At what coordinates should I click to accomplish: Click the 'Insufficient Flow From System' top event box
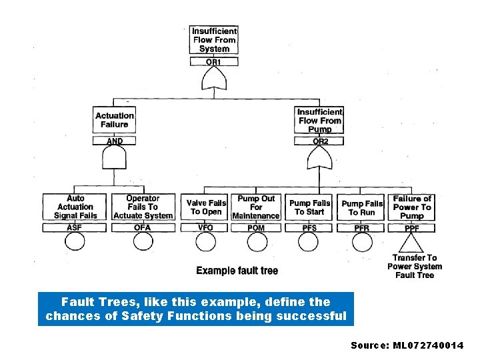tap(214, 40)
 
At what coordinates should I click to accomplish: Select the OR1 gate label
tap(214, 61)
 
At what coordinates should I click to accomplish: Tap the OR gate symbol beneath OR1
tap(214, 80)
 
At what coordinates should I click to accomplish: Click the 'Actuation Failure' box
tap(115, 120)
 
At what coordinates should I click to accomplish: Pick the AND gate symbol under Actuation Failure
tap(115, 159)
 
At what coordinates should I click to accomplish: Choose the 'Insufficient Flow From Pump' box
tap(319, 120)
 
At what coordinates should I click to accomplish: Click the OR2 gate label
tap(319, 141)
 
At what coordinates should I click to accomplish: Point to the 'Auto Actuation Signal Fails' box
tap(75, 207)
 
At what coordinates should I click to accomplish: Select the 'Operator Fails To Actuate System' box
tap(143, 207)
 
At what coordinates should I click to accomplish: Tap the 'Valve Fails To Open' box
tap(206, 207)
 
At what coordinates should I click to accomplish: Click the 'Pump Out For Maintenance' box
tap(256, 207)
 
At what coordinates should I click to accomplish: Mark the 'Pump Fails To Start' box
tap(309, 207)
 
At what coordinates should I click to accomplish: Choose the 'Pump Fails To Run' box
tap(362, 207)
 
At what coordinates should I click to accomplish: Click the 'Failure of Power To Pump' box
tap(412, 207)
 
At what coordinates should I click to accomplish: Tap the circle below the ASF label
tap(75, 241)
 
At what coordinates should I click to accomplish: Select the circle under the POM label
tap(256, 241)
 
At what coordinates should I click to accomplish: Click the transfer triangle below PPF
tap(412, 243)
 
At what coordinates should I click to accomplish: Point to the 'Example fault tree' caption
tap(237, 271)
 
